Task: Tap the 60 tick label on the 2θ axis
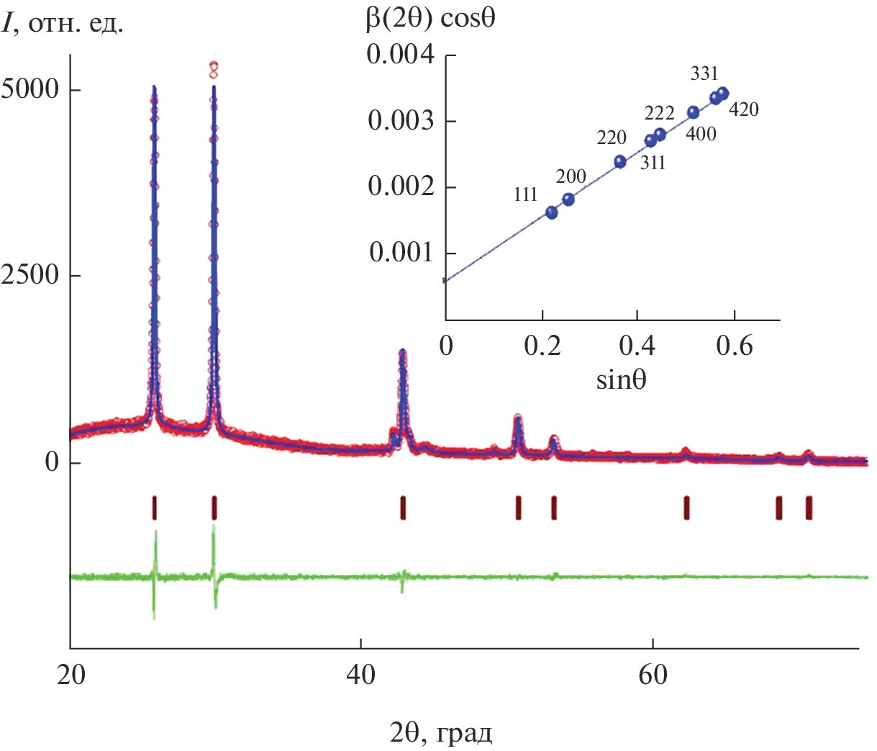pos(652,676)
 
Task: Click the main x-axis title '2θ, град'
pos(441,734)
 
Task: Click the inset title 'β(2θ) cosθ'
pos(430,18)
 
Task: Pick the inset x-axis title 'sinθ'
pos(621,379)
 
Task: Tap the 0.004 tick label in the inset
pos(401,55)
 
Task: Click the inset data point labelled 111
pos(552,212)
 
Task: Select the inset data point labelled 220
pos(620,161)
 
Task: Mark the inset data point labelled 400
pos(694,112)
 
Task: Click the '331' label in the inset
pos(704,73)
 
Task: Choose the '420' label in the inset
pos(743,110)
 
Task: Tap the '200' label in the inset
pos(571,176)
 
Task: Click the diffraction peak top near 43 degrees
pos(403,351)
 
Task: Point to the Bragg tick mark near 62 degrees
pos(686,508)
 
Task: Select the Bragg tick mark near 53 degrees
pos(554,508)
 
